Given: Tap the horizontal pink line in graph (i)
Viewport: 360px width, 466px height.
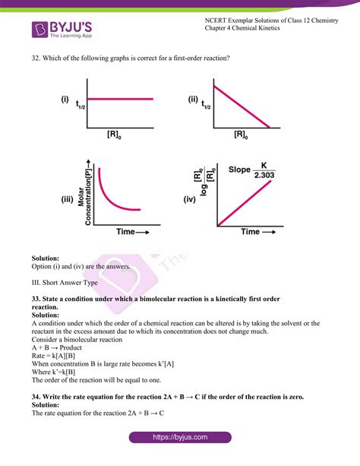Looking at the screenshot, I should tap(122, 99).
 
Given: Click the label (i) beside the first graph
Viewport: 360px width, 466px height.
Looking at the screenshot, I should tap(65, 99).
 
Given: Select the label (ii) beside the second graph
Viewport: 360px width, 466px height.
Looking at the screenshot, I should tap(192, 99).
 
